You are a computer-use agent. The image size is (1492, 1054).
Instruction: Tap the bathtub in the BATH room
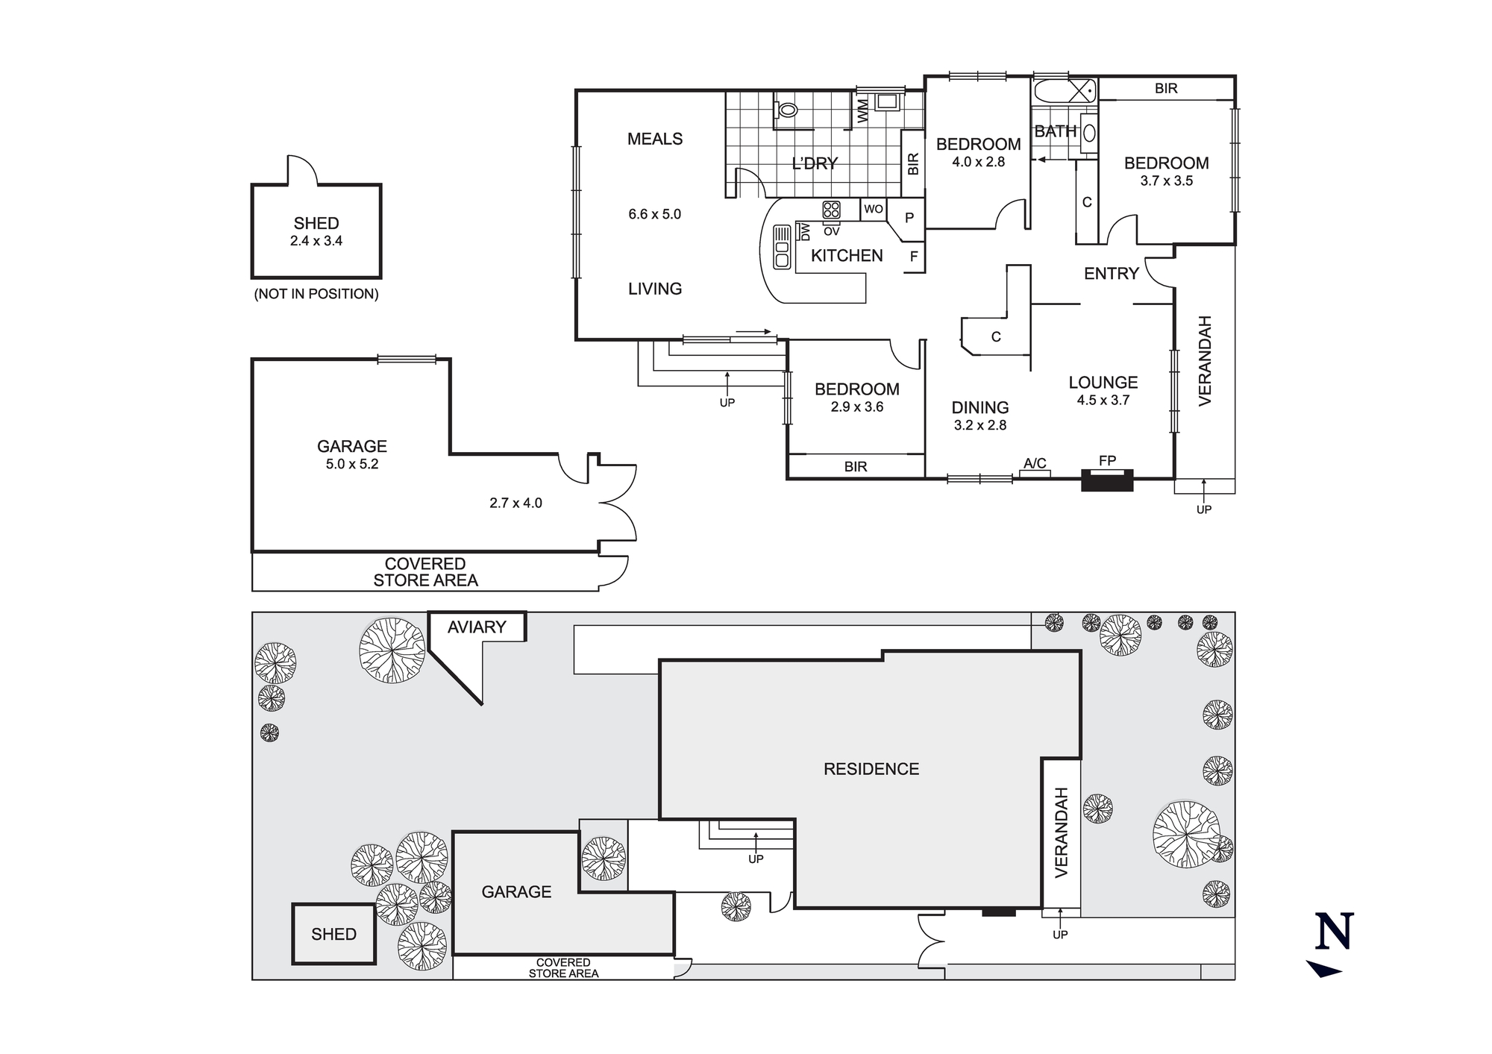1065,92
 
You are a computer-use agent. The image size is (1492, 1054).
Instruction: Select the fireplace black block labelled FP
1107,480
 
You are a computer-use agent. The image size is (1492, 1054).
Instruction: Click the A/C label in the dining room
1035,463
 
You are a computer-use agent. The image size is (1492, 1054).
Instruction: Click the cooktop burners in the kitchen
831,210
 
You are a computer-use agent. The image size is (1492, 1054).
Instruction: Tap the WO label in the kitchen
874,210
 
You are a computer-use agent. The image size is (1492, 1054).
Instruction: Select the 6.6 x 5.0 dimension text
654,214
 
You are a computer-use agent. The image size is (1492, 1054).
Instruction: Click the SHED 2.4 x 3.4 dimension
316,241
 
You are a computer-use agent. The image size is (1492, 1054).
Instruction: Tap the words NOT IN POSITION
316,294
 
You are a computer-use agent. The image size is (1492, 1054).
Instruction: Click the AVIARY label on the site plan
477,627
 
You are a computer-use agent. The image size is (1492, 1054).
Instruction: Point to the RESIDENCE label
871,769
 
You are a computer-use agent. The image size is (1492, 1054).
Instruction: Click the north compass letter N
1334,932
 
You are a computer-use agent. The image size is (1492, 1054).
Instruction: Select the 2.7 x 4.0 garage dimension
515,503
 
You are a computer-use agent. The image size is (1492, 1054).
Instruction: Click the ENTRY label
1111,274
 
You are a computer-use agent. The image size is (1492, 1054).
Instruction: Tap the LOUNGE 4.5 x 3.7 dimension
1103,400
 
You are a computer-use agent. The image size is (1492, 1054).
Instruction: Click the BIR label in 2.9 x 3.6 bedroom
856,466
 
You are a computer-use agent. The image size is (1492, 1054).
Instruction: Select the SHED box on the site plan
333,934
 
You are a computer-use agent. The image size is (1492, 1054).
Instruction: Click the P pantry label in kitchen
909,218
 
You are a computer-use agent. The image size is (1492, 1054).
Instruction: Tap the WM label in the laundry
863,111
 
